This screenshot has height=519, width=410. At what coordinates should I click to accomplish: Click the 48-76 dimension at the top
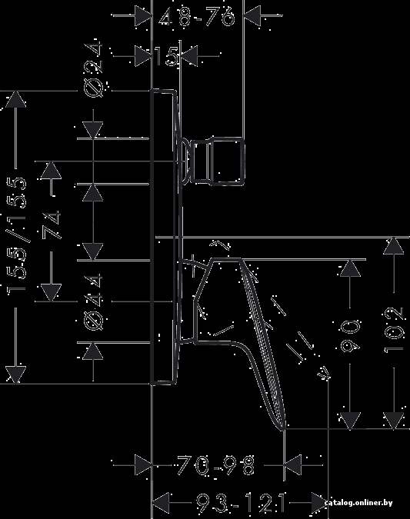pyautogui.click(x=197, y=17)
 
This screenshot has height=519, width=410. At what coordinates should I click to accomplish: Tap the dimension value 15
pyautogui.click(x=167, y=56)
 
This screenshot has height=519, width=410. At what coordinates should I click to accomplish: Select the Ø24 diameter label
pyautogui.click(x=93, y=69)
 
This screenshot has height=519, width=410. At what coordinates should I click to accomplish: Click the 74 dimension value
pyautogui.click(x=52, y=225)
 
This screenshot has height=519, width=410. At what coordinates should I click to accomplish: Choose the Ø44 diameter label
pyautogui.click(x=93, y=302)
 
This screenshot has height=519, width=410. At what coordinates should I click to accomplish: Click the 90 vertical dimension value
pyautogui.click(x=351, y=337)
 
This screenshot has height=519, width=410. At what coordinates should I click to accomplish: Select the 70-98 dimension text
pyautogui.click(x=216, y=465)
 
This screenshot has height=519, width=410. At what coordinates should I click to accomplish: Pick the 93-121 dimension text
pyautogui.click(x=241, y=503)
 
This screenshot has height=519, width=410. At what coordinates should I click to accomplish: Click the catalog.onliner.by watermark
pyautogui.click(x=358, y=503)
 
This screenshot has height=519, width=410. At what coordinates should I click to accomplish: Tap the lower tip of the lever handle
pyautogui.click(x=284, y=429)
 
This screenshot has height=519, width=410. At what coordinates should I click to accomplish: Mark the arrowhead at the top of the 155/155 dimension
pyautogui.click(x=15, y=99)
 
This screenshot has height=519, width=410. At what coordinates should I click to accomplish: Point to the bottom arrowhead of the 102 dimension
pyautogui.click(x=393, y=421)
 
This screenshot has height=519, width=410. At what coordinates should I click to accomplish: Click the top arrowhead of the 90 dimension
pyautogui.click(x=351, y=269)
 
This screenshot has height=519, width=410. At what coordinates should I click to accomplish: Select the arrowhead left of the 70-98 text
pyautogui.click(x=143, y=465)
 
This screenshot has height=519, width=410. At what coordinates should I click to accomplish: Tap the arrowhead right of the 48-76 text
pyautogui.click(x=252, y=15)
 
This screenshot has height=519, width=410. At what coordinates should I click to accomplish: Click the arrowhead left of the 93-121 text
pyautogui.click(x=161, y=503)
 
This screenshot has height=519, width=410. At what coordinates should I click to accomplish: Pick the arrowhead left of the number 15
pyautogui.click(x=143, y=56)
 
